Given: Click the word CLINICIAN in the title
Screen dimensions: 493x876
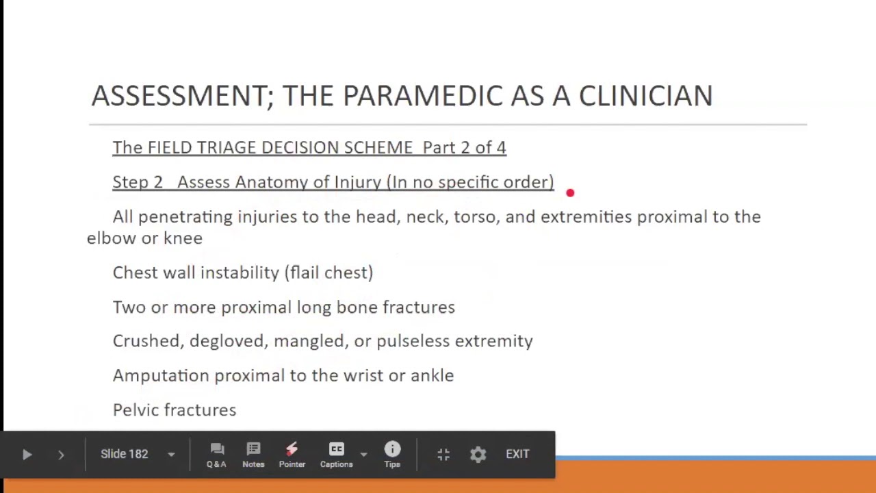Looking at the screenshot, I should (x=645, y=96).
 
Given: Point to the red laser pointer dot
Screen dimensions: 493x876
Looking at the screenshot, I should (x=570, y=193).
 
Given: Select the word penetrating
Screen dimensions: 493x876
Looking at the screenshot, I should (x=185, y=217).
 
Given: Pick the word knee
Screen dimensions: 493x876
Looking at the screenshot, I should (x=183, y=238).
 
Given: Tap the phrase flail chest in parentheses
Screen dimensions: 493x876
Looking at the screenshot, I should (x=328, y=273).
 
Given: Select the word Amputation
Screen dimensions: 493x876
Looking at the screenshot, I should (x=161, y=376).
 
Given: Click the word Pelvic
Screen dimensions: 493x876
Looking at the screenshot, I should (x=134, y=410).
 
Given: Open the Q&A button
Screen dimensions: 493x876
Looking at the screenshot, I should (x=216, y=454).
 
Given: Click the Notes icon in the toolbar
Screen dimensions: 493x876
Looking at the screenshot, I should (x=253, y=450).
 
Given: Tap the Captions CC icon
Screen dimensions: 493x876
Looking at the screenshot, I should (x=336, y=450).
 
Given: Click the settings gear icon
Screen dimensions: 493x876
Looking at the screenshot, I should (x=478, y=455).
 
